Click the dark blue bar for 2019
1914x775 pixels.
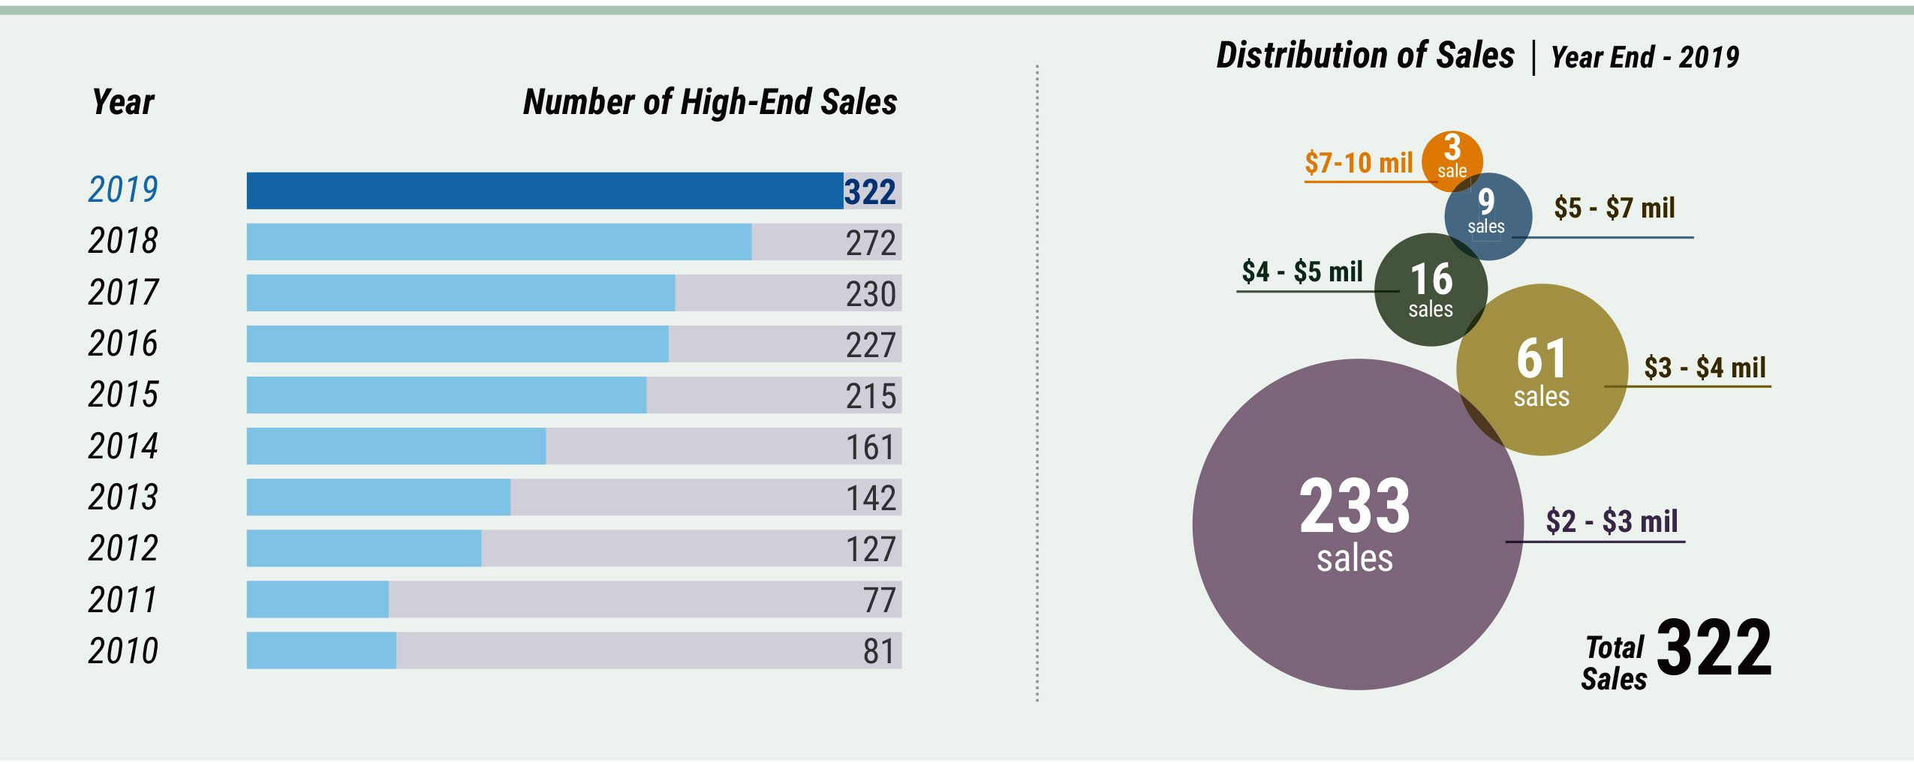coord(544,191)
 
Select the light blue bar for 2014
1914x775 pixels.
coord(396,446)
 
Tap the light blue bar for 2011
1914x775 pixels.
coord(317,599)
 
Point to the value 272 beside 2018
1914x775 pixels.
coord(870,243)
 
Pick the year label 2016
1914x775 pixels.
coord(123,344)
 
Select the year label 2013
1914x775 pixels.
coord(123,497)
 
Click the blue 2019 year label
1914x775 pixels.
coord(123,189)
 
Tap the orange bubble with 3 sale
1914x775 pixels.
coord(1452,158)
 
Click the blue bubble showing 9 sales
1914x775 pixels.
coord(1488,216)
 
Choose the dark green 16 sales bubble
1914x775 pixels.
coord(1431,290)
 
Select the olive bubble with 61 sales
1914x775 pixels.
coord(1542,370)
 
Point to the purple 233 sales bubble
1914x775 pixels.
coord(1357,524)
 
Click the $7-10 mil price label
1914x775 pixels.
coord(1359,163)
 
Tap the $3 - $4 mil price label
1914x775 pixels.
coord(1705,368)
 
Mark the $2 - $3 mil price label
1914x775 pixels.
coord(1612,521)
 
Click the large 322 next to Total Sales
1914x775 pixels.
coord(1714,648)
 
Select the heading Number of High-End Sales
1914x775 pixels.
coord(710,102)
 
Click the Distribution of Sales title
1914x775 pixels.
coord(1365,56)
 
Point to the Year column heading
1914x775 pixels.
coord(123,102)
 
